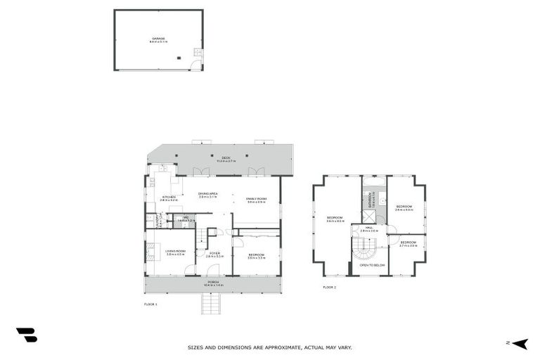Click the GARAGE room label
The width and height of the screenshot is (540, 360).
(158, 39)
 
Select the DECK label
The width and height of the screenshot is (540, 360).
(226, 158)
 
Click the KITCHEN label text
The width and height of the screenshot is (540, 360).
(169, 198)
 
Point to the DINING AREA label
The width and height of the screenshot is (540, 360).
(207, 194)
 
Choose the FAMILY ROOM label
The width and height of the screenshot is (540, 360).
(256, 200)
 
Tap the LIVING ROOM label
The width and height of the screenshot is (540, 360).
(175, 251)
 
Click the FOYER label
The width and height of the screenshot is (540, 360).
(214, 254)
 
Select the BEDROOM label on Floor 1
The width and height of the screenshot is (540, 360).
(256, 255)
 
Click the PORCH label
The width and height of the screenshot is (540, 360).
(212, 283)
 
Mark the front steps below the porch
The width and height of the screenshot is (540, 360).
(211, 304)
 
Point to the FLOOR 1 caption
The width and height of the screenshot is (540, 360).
(150, 304)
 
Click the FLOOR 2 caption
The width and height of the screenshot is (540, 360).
(330, 287)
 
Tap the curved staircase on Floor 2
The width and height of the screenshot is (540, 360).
(364, 247)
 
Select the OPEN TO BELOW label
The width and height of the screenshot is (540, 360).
(372, 265)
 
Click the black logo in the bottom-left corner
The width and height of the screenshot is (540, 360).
(26, 335)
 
